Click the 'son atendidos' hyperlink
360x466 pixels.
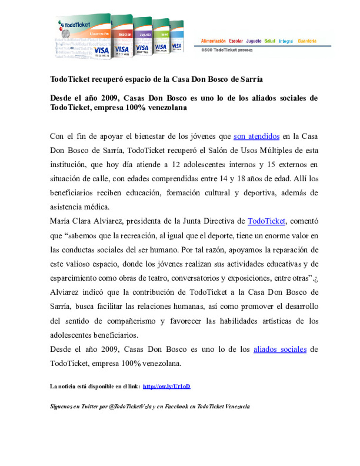256,136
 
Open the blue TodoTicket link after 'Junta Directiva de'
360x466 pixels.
266,221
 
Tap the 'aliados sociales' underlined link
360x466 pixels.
280,349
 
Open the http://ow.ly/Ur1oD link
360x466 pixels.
166,386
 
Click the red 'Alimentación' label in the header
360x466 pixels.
213,41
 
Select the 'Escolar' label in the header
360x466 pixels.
236,41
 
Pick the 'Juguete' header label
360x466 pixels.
254,41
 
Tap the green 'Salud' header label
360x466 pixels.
270,41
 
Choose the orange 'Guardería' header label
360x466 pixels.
307,41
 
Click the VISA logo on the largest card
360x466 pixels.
101,50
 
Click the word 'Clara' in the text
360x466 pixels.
81,221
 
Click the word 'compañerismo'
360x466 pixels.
131,321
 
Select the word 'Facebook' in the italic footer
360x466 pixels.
176,406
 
